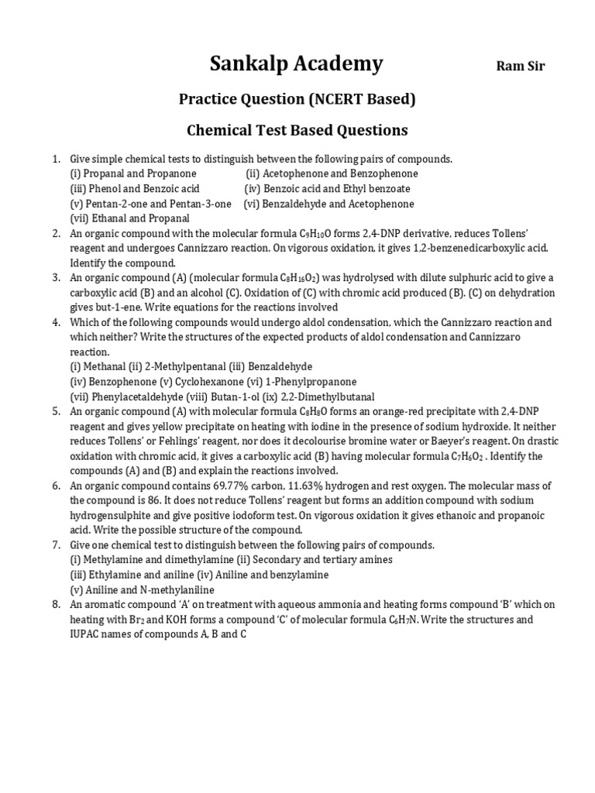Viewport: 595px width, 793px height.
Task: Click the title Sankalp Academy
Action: pos(296,64)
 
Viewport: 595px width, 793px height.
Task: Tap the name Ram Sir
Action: pos(520,67)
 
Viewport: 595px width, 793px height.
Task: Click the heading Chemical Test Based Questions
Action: pos(297,130)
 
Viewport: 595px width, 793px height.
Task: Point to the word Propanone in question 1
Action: pos(171,173)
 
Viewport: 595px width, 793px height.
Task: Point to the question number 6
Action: pos(57,486)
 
